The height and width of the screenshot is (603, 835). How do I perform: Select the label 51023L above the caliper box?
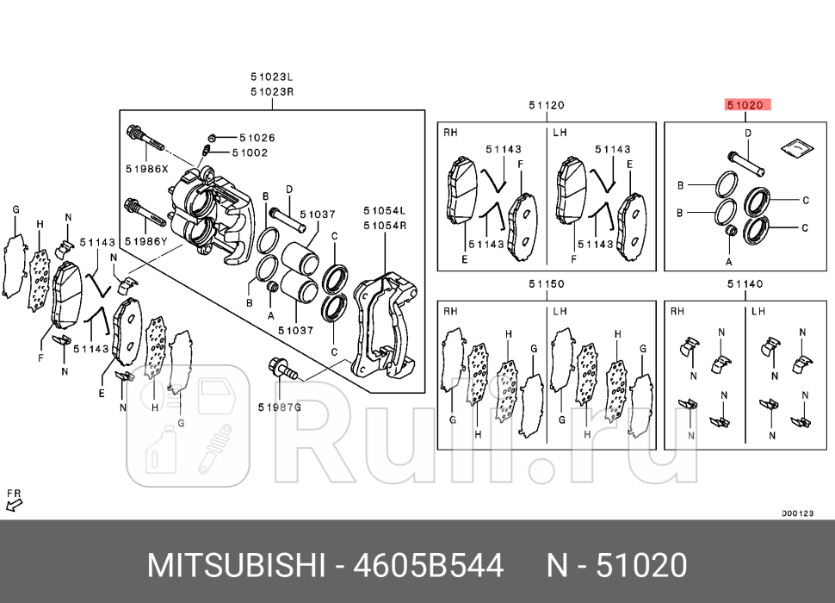pos(272,78)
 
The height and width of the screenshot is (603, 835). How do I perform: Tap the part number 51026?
pos(257,138)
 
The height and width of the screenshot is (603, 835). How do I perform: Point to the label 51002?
pos(251,152)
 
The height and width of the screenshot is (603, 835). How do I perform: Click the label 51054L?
pos(384,211)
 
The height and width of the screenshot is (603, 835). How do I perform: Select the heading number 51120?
pos(546,105)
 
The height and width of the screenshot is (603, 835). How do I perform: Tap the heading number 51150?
pos(546,284)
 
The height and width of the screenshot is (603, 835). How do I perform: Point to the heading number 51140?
pos(745,284)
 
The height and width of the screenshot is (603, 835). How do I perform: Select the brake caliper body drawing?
pos(211,215)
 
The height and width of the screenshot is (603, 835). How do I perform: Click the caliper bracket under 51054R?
pos(385,327)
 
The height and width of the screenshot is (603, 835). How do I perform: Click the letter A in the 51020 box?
pos(728,260)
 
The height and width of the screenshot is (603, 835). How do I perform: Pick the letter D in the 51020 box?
pos(747,134)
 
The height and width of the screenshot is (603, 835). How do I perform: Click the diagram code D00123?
pos(797,513)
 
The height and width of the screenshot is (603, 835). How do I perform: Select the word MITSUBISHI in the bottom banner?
pos(238,566)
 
